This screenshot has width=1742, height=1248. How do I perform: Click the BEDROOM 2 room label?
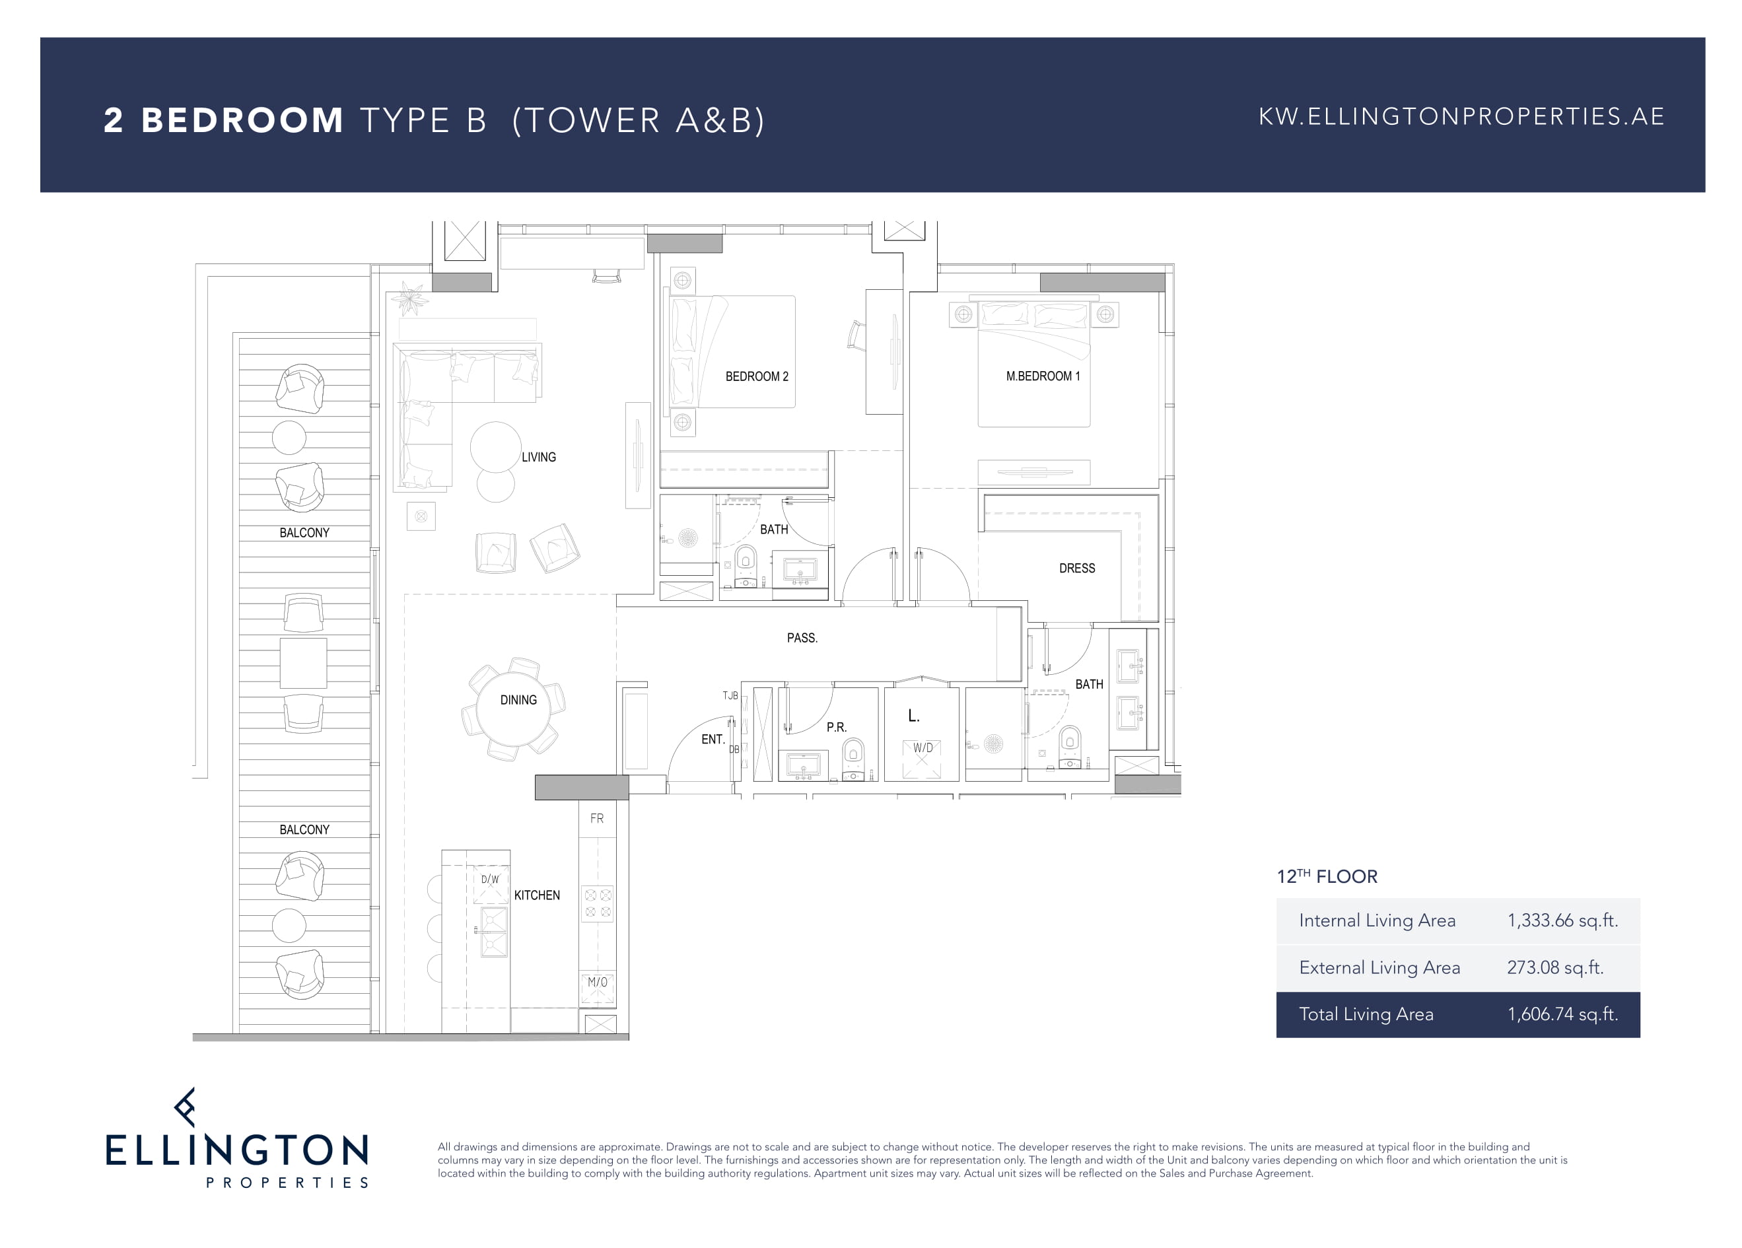[x=757, y=376]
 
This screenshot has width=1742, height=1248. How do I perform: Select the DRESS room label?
[x=1077, y=569]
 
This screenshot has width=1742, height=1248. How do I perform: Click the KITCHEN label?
[x=537, y=895]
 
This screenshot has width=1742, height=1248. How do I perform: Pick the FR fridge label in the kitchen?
[x=597, y=819]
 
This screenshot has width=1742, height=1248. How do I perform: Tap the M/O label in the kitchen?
[x=598, y=983]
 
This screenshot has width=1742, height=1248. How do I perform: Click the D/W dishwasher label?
[x=490, y=880]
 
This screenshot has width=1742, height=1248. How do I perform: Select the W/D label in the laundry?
[x=923, y=748]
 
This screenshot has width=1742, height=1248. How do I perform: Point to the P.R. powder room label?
[x=837, y=727]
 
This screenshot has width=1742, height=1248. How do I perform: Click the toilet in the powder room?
[x=853, y=759]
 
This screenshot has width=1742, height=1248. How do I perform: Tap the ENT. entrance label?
[x=713, y=740]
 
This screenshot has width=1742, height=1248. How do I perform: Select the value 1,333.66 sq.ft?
[x=1562, y=921]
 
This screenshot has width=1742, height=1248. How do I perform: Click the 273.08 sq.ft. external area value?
[x=1555, y=967]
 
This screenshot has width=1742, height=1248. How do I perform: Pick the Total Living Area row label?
[x=1366, y=1014]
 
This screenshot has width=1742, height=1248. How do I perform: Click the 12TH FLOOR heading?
[x=1327, y=876]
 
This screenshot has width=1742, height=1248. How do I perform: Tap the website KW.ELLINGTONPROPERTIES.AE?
[x=1461, y=117]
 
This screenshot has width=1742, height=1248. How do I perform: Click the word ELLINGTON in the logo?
[x=237, y=1150]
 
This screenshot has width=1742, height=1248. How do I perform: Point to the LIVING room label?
[x=538, y=457]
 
